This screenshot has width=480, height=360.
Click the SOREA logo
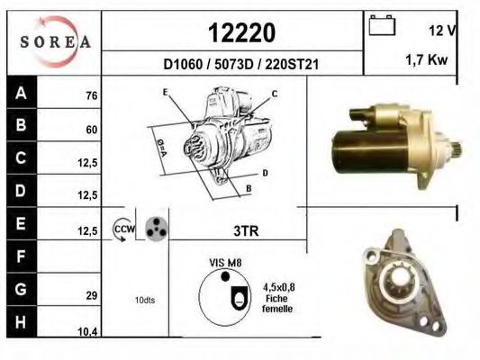(x=55, y=41)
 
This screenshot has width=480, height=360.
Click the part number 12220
(x=242, y=32)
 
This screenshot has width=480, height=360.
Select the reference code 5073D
(x=234, y=65)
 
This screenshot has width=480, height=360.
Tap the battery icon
(x=382, y=25)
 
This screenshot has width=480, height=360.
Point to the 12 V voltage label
(x=442, y=31)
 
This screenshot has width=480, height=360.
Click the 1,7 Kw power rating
(x=427, y=59)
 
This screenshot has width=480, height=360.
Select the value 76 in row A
(x=92, y=95)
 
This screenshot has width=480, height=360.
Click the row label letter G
(x=21, y=289)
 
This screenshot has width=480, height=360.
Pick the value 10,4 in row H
(x=87, y=331)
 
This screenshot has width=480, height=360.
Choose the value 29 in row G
(x=92, y=295)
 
